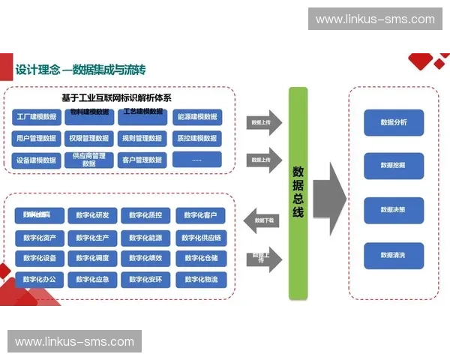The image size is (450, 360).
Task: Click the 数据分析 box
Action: pyautogui.click(x=394, y=122)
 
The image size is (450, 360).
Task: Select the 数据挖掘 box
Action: pyautogui.click(x=394, y=165)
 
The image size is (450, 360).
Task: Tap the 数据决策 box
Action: pyautogui.click(x=394, y=210)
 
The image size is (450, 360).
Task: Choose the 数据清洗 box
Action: pyautogui.click(x=394, y=255)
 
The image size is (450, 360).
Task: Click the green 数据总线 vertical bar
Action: pyautogui.click(x=298, y=193)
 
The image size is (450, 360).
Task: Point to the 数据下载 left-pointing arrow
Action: pyautogui.click(x=264, y=220)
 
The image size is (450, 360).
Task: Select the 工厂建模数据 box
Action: pyautogui.click(x=36, y=117)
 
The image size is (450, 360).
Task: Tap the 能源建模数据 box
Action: pyautogui.click(x=196, y=117)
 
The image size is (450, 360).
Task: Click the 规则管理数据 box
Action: pyautogui.click(x=142, y=138)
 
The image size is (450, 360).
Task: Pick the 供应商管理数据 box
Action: pyautogui.click(x=89, y=160)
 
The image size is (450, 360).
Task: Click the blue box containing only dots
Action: pyautogui.click(x=196, y=160)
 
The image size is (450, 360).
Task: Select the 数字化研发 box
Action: pyautogui.click(x=92, y=216)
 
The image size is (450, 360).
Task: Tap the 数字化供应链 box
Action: pyautogui.click(x=200, y=238)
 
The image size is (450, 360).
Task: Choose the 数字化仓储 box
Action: pyautogui.click(x=200, y=259)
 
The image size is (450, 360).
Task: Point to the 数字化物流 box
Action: pyautogui.click(x=200, y=280)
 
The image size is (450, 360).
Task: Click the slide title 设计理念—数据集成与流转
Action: pyautogui.click(x=80, y=70)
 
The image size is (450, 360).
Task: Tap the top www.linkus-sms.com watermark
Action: pyautogui.click(x=374, y=19)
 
